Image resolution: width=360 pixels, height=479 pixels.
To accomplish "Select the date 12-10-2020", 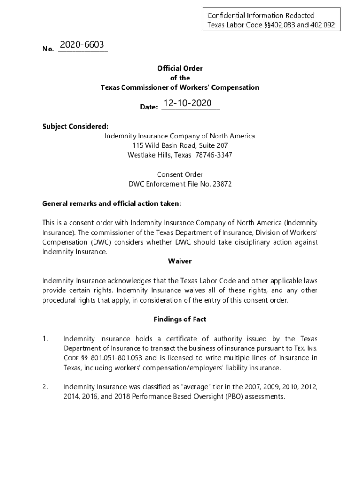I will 187,103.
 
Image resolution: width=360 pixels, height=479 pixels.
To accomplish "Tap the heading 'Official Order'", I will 180,68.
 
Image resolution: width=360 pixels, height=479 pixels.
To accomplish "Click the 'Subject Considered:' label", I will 75,126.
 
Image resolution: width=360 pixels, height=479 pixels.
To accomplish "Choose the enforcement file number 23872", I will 222,184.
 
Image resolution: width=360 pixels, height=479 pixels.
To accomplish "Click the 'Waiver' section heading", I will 180,261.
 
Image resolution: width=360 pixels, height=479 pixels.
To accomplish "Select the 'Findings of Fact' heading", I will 180,319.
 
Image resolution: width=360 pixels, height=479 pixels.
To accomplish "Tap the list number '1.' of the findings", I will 45,339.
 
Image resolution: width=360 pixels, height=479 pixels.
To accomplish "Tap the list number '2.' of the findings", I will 45,387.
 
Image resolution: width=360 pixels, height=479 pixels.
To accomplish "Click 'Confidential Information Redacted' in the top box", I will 261,15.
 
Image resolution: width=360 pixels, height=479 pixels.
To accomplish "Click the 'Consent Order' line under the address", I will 180,174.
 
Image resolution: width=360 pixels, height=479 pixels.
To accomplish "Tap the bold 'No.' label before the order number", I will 48,48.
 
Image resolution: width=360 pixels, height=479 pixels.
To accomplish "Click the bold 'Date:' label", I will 149,107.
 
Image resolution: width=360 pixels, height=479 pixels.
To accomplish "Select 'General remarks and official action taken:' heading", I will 111,204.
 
